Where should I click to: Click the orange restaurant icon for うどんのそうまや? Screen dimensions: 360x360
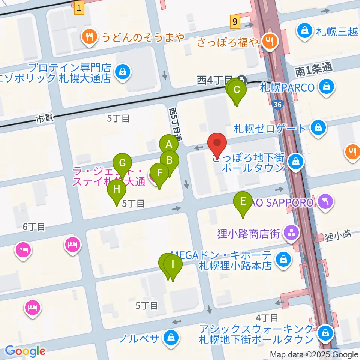[x=89, y=37]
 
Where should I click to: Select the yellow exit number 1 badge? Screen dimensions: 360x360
[x=79, y=8]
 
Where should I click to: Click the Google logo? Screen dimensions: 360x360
[x=25, y=351]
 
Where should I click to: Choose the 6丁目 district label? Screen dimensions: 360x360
[x=34, y=227]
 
